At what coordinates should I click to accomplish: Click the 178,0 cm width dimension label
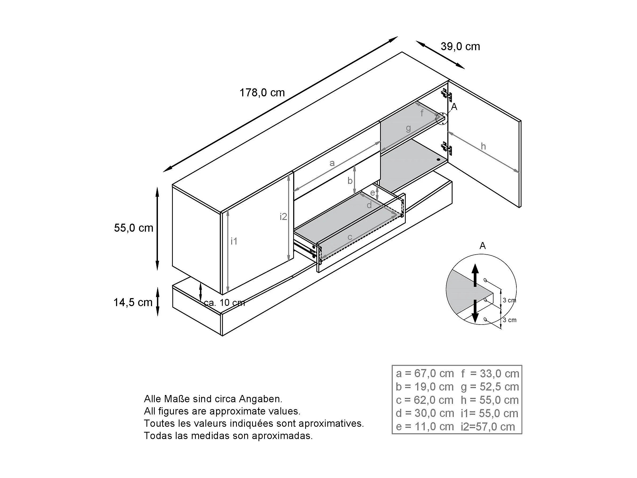coord(262,93)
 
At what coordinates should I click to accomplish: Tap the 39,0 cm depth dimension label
coord(460,47)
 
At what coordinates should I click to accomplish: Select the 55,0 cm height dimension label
coord(134,228)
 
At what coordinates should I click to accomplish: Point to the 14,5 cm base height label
coord(133,302)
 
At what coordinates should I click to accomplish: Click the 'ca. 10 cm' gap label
coord(224,303)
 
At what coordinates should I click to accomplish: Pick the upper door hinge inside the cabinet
coord(446,95)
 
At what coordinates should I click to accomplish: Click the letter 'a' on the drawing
coord(332,163)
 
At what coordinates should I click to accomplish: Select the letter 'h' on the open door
coord(483,146)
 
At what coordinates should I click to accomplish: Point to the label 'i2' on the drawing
coord(283,217)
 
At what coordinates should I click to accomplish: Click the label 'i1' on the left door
coord(234,241)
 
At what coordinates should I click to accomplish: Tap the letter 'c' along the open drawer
coord(350,237)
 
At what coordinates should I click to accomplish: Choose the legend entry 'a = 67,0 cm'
coord(425,373)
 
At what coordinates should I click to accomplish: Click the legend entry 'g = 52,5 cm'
coord(490,387)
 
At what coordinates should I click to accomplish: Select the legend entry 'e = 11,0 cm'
coord(425,426)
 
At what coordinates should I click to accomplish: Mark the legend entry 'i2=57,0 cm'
coord(488,427)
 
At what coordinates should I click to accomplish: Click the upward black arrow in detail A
coord(475,275)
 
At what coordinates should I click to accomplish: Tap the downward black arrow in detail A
coord(475,311)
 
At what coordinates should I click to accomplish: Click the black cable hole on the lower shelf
coord(438,159)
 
